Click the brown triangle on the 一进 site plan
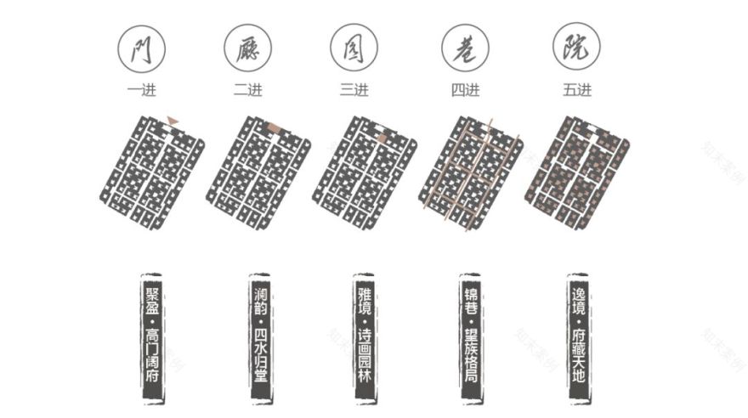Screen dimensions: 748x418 tap(173, 122)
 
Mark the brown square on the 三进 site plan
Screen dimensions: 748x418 tap(382, 137)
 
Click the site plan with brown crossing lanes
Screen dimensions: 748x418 tap(470, 173)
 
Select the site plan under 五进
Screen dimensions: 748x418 tap(581, 173)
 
